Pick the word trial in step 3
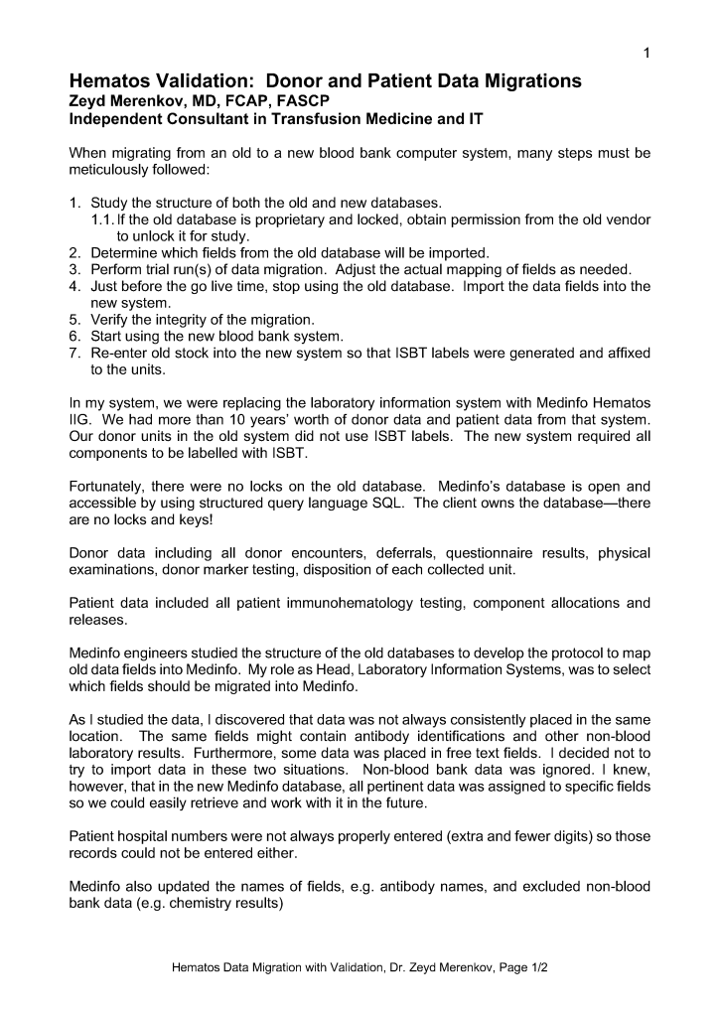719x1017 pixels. tap(167, 269)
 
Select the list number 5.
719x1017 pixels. tap(74, 320)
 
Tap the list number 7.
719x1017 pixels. tap(74, 354)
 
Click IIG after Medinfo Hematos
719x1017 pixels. tap(80, 421)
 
